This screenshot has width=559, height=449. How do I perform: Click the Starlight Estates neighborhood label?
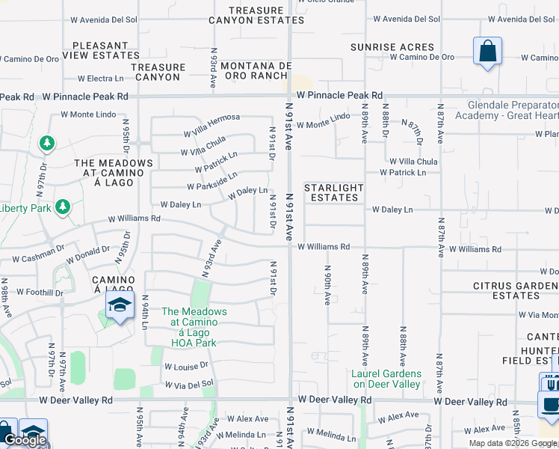pyautogui.click(x=333, y=192)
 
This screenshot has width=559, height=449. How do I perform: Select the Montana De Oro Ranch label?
pyautogui.click(x=255, y=71)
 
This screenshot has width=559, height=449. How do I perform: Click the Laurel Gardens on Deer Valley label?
pyautogui.click(x=386, y=379)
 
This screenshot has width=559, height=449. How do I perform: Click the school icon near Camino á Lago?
pyautogui.click(x=118, y=305)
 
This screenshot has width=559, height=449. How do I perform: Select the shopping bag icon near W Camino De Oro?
pyautogui.click(x=487, y=52)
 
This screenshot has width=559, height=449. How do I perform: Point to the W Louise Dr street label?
pyautogui.click(x=187, y=367)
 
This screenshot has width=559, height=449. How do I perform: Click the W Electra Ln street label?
pyautogui.click(x=101, y=79)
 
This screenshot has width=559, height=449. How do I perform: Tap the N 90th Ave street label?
pyautogui.click(x=327, y=285)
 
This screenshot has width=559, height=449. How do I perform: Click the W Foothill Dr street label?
pyautogui.click(x=40, y=292)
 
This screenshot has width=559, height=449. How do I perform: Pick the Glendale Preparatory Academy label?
pyautogui.click(x=513, y=111)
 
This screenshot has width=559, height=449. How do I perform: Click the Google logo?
pyautogui.click(x=25, y=441)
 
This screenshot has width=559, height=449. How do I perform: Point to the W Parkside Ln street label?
pyautogui.click(x=211, y=181)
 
